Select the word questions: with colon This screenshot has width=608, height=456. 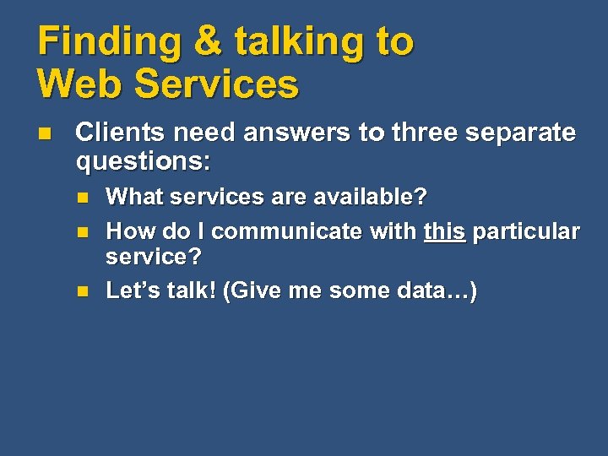tap(143, 160)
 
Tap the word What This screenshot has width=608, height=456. tap(133, 197)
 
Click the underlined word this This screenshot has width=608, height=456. tap(444, 231)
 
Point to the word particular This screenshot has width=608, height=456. tap(526, 231)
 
